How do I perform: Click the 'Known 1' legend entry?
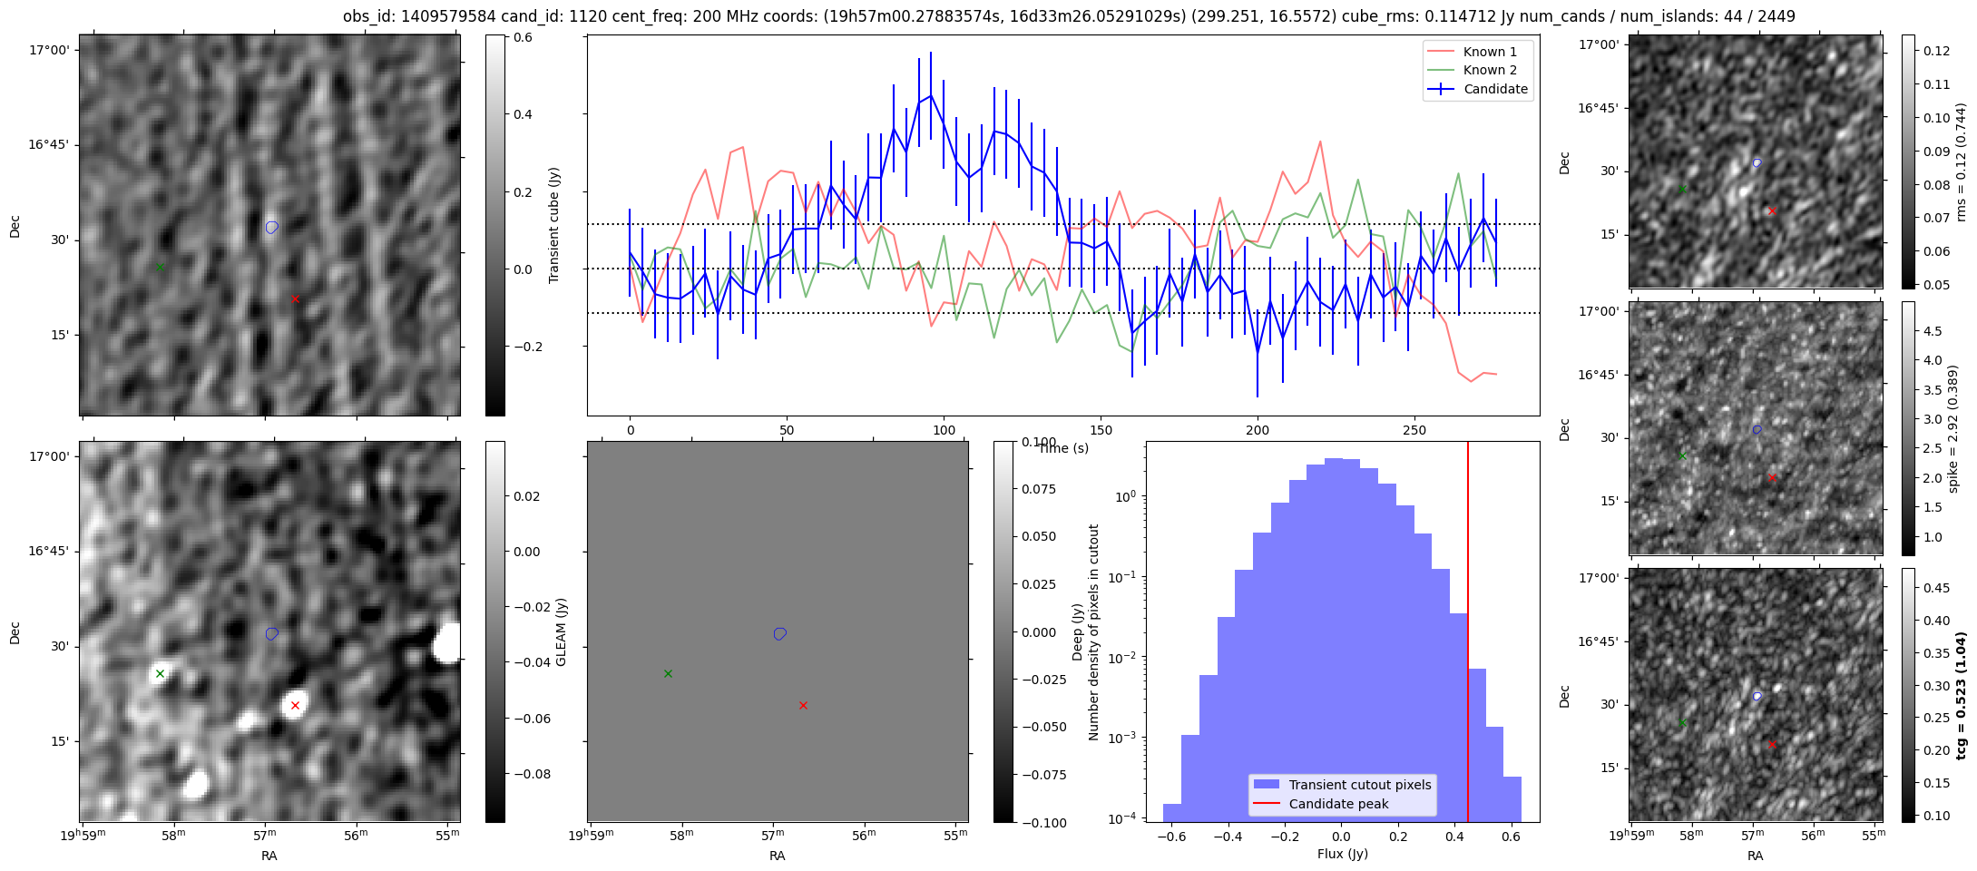click(x=1490, y=52)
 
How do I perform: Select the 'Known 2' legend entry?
click(x=1490, y=70)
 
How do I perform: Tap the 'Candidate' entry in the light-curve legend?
click(x=1495, y=89)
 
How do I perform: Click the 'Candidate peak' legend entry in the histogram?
click(x=1338, y=804)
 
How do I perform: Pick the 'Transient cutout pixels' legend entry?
click(x=1359, y=785)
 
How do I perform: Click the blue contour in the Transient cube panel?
click(x=271, y=227)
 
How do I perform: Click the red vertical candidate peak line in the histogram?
click(x=1467, y=635)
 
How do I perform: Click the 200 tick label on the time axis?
click(x=1258, y=430)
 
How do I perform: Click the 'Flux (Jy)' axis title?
click(x=1342, y=854)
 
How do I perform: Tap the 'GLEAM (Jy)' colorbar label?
click(x=561, y=631)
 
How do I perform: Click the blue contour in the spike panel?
click(x=1757, y=429)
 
